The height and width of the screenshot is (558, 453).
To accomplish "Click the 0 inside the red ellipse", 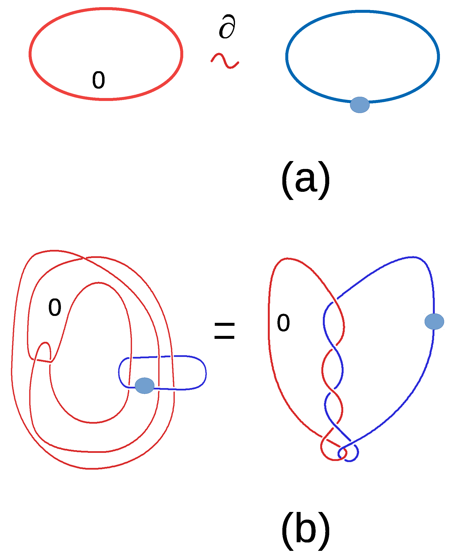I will pos(98,80).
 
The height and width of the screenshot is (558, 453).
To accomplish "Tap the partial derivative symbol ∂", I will pos(227,27).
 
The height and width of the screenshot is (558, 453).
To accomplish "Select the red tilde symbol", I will pos(225,61).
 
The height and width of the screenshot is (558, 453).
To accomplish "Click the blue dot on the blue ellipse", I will pos(360,105).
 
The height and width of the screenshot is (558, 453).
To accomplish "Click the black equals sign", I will pos(224,330).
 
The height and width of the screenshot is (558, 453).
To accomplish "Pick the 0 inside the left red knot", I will pos(54,307).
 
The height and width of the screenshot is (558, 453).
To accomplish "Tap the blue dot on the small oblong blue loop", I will pos(145,386).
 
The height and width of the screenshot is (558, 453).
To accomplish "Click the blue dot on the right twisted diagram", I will pos(434,321).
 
